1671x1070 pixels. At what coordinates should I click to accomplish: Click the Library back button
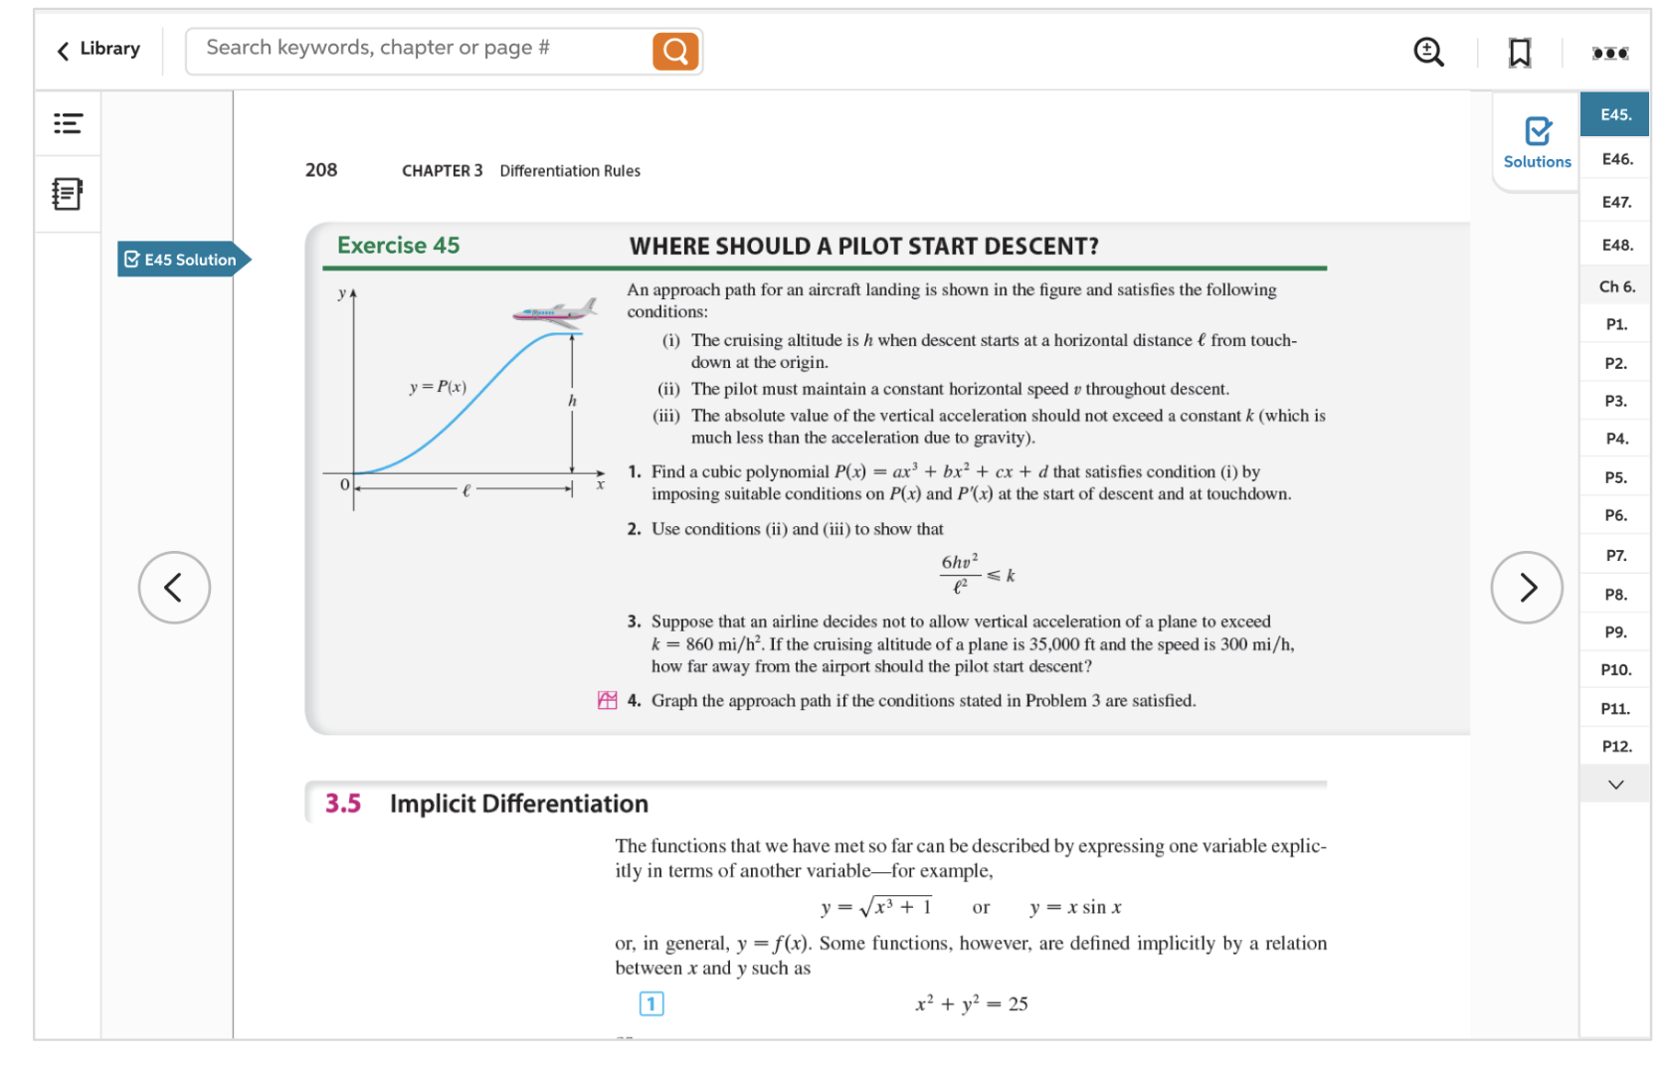point(98,49)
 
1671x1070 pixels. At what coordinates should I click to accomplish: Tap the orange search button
point(674,51)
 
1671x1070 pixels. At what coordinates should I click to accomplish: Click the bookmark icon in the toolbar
point(1519,52)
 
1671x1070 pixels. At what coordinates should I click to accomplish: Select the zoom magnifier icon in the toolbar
point(1428,52)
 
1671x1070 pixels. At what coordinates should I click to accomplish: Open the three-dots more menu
point(1609,53)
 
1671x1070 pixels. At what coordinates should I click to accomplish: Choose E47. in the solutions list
point(1615,202)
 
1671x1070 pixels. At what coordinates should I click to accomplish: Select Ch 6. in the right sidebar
point(1616,286)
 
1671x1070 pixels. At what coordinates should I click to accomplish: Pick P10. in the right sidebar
point(1615,669)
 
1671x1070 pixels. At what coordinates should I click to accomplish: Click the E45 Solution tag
point(182,260)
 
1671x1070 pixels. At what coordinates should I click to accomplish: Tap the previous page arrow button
point(174,588)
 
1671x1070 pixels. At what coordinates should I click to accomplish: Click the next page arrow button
point(1527,588)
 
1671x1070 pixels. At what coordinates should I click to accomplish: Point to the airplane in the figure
point(554,313)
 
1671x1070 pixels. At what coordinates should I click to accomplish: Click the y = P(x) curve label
point(438,387)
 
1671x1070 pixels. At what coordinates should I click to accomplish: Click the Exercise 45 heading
point(398,246)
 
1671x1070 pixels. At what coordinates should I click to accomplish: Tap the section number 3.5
point(342,803)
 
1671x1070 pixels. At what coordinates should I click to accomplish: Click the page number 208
point(321,170)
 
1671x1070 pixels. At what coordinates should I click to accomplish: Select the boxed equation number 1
point(651,1003)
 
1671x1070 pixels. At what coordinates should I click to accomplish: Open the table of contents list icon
point(68,123)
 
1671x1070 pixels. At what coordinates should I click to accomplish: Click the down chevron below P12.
point(1615,785)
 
